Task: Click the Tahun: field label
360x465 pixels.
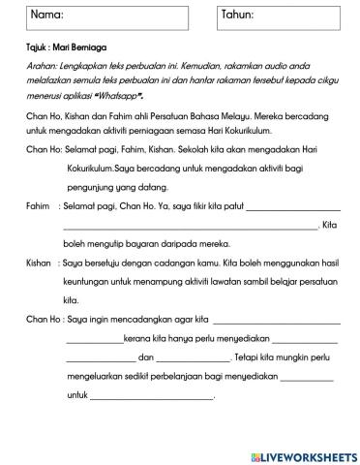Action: click(x=239, y=15)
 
